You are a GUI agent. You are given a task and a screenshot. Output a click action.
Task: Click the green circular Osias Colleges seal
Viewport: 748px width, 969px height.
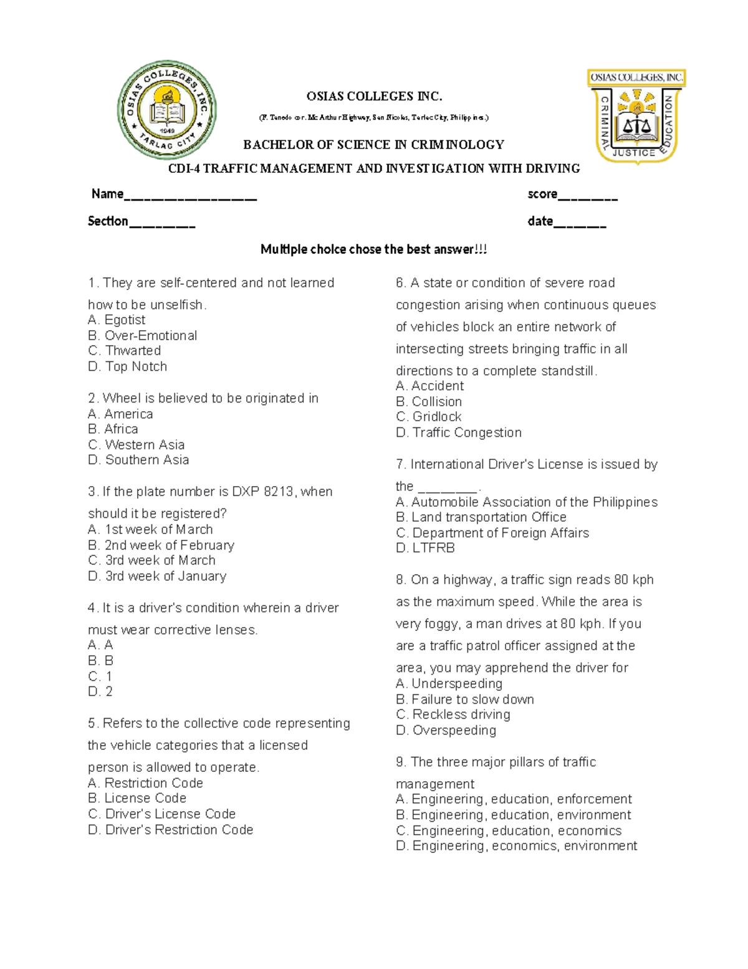pos(167,110)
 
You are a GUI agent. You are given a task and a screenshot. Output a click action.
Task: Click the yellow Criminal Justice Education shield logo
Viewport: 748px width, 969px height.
pos(636,116)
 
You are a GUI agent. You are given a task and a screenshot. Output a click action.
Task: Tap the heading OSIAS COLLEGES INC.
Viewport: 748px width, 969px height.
pos(374,96)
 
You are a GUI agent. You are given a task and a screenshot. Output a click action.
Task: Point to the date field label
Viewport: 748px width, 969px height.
pos(540,221)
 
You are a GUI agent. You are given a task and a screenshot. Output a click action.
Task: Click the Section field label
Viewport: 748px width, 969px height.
pos(108,221)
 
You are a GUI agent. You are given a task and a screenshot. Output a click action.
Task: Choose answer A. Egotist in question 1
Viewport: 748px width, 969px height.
pos(117,320)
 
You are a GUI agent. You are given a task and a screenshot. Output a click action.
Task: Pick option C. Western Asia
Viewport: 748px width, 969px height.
pos(137,445)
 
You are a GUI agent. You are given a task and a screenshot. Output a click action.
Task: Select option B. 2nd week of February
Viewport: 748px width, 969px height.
pos(161,545)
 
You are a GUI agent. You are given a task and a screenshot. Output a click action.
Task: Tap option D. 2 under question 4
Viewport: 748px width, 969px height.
pos(100,691)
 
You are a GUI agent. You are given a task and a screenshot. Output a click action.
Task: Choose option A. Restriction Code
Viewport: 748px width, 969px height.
pos(146,783)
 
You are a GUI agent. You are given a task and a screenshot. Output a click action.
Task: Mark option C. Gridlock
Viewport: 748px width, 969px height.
pos(429,417)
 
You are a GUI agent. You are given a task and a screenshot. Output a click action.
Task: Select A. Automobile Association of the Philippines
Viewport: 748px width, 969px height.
pos(527,502)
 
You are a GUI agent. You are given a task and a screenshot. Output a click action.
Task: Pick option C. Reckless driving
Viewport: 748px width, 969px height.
pos(453,714)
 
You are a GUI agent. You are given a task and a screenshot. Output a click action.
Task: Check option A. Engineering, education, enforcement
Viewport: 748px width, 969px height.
pos(514,799)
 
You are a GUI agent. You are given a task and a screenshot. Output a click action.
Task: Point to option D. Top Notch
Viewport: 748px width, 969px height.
pos(128,366)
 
